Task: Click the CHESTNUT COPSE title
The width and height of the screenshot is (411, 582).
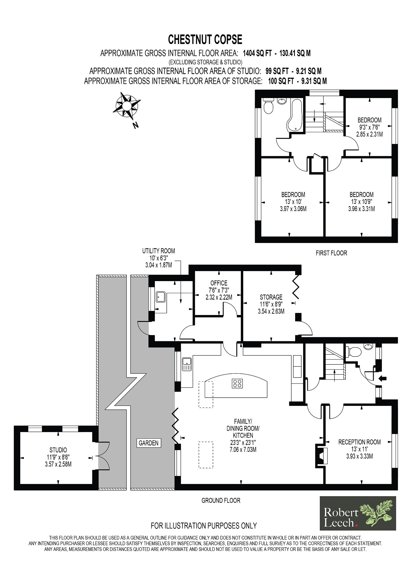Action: pyautogui.click(x=205, y=39)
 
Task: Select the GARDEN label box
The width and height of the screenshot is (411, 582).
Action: pyautogui.click(x=148, y=443)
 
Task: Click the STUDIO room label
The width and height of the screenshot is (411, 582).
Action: pyautogui.click(x=58, y=450)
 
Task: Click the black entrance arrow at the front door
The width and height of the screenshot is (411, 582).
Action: pyautogui.click(x=382, y=378)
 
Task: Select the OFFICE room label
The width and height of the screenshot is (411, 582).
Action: pyautogui.click(x=219, y=283)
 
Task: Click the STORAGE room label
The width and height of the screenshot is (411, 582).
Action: pyautogui.click(x=271, y=297)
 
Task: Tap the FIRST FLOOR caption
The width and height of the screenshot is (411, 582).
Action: pyautogui.click(x=331, y=253)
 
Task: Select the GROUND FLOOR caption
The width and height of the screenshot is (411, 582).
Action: pyautogui.click(x=221, y=500)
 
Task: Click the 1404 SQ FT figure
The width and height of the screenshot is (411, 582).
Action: pyautogui.click(x=257, y=53)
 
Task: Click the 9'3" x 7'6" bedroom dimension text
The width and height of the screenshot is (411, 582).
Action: pyautogui.click(x=369, y=127)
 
